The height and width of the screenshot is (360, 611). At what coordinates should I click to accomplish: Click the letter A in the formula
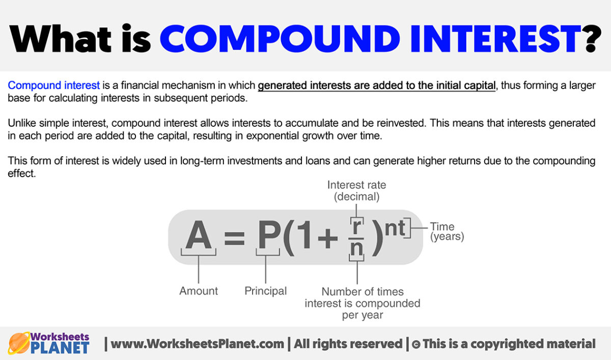(x=198, y=236)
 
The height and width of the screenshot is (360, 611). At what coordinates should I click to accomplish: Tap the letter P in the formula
(x=266, y=236)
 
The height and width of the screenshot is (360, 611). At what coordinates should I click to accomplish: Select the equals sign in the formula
(x=234, y=238)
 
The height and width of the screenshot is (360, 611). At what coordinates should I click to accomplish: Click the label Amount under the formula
(x=199, y=291)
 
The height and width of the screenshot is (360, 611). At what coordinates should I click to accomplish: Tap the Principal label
(x=266, y=291)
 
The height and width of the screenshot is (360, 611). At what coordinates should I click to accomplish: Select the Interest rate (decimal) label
(x=356, y=190)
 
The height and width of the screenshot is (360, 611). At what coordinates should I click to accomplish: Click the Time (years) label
(x=447, y=232)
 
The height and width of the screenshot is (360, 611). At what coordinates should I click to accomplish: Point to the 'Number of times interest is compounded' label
(x=363, y=303)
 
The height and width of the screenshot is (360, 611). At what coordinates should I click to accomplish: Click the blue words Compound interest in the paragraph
(x=54, y=86)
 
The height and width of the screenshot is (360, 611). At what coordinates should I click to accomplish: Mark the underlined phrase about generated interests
(x=376, y=86)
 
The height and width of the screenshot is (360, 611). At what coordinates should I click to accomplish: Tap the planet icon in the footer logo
(x=19, y=343)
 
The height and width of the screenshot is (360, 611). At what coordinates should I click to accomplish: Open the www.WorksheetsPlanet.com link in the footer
(x=198, y=344)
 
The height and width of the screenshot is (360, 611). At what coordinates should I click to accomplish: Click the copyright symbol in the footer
(x=416, y=344)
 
